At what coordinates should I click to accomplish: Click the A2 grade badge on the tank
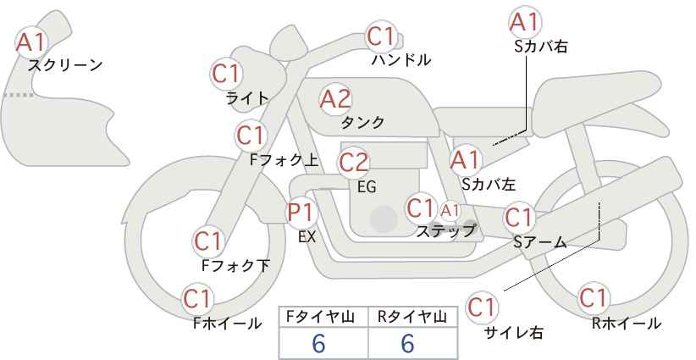(335, 99)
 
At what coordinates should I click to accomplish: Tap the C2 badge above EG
(353, 163)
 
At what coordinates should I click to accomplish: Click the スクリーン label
(65, 65)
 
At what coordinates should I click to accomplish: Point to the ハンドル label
(401, 59)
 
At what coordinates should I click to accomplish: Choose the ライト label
(247, 98)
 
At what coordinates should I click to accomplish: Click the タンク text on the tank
(362, 122)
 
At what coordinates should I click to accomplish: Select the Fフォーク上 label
(284, 159)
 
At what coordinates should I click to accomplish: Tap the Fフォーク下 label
(235, 265)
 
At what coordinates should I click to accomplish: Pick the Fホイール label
(227, 324)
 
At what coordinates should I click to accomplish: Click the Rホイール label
(626, 324)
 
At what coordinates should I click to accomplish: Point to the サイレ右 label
(513, 333)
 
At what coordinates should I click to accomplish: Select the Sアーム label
(540, 242)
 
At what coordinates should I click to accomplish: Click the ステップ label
(445, 231)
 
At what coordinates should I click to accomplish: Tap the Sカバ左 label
(489, 184)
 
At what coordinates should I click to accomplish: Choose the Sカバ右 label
(541, 47)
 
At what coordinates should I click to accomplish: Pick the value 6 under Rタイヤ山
(407, 343)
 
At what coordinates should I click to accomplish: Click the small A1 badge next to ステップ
(450, 211)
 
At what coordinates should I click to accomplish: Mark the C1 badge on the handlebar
(381, 36)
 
